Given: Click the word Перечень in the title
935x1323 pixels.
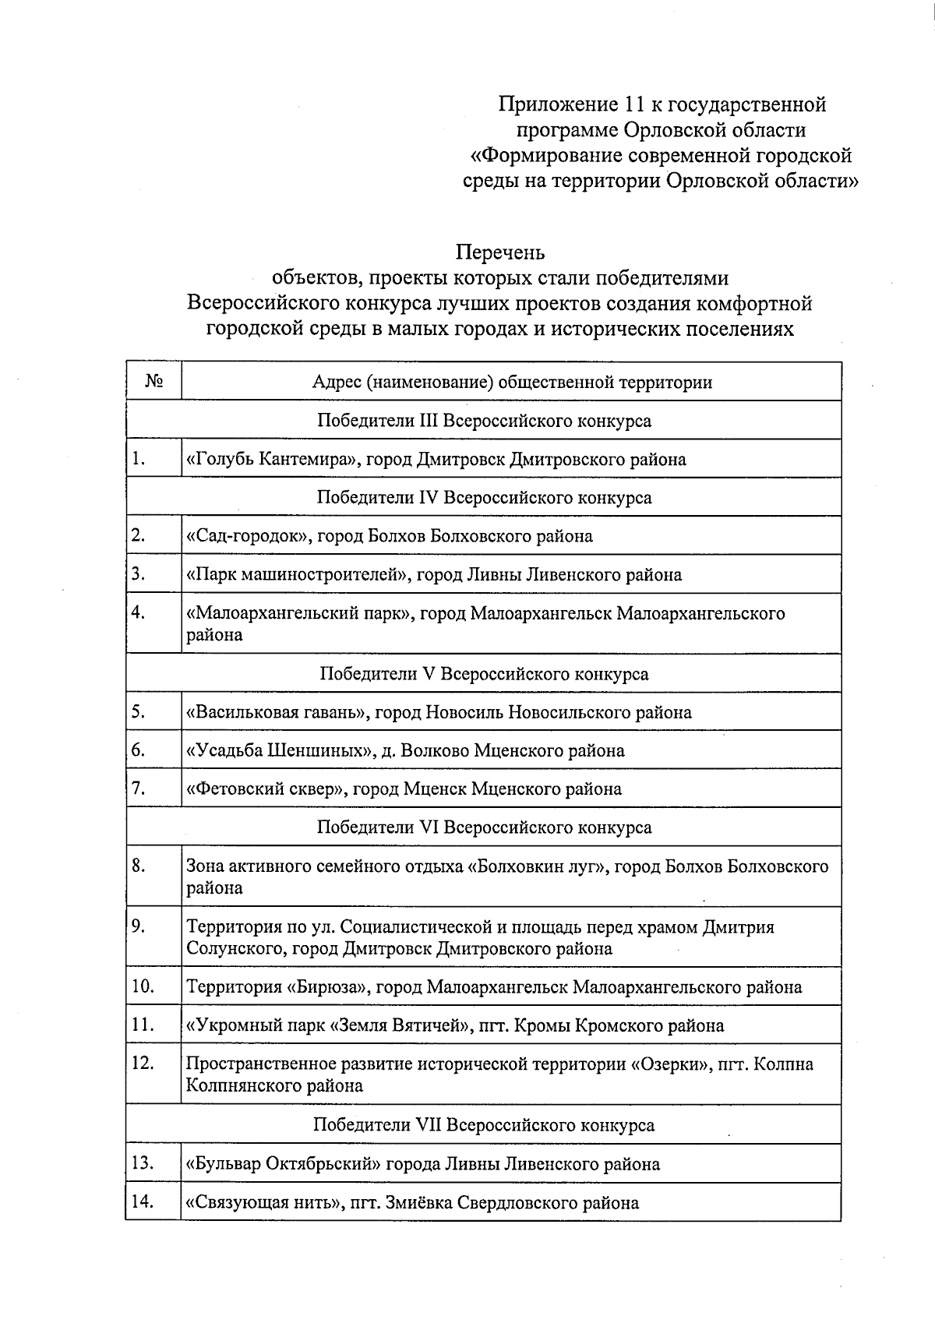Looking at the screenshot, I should coord(499,252).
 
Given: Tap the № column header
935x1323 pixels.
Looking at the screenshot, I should coord(153,382).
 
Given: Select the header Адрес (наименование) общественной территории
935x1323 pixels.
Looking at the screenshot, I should coord(511,382).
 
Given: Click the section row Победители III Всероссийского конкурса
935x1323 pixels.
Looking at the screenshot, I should coord(484,421).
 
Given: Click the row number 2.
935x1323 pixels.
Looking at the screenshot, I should coord(139,535).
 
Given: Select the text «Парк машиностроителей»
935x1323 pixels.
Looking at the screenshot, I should coord(298,575).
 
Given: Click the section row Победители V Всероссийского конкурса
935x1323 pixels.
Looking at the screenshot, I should coord(484,674).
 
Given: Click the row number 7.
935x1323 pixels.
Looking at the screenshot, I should coord(139,789).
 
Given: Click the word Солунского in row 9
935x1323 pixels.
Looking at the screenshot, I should coord(226,949).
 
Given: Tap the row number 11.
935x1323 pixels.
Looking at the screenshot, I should coord(142,1025).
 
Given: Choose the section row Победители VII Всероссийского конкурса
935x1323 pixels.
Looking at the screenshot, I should coord(484,1125).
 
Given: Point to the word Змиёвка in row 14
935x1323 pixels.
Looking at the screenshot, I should coord(422,1203).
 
